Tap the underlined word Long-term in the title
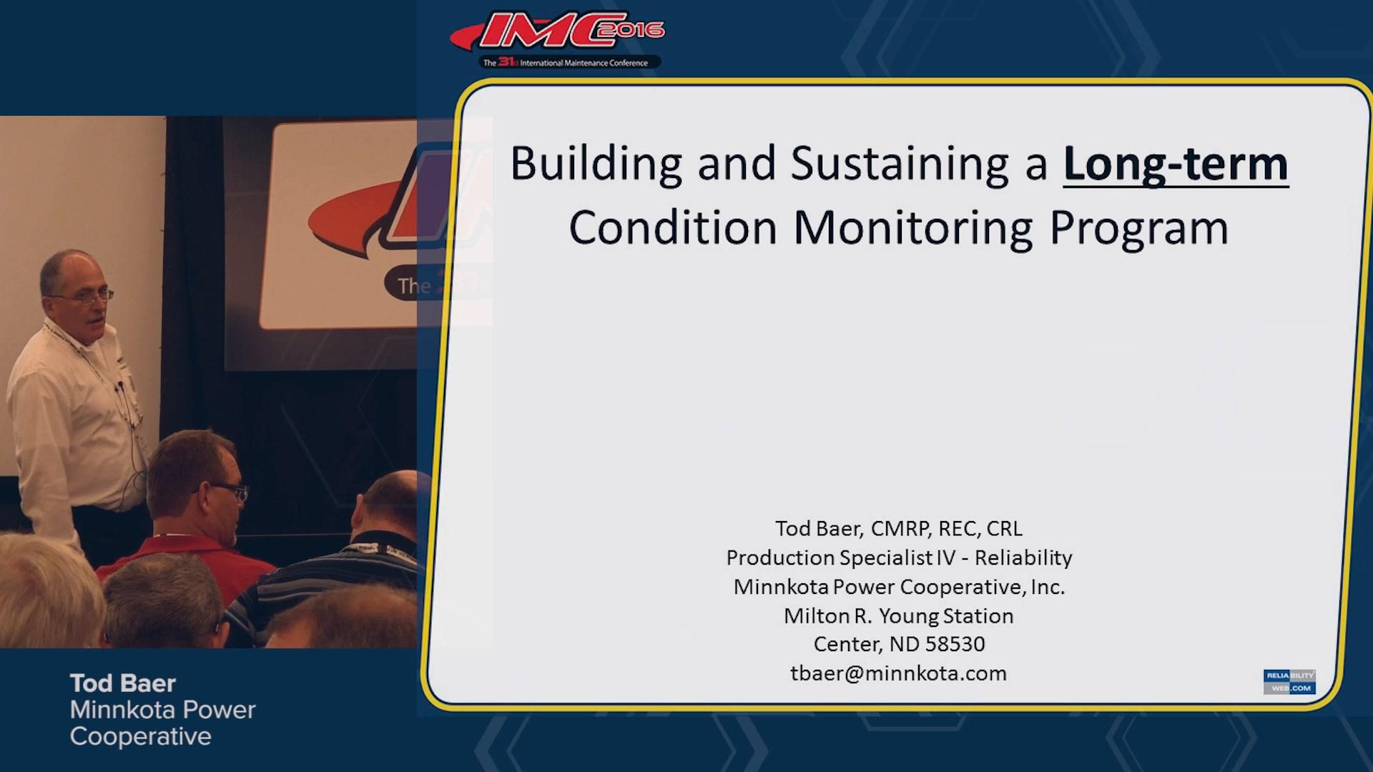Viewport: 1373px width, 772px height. pos(1176,164)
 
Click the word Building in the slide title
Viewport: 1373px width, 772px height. pos(596,164)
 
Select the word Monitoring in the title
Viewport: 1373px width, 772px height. pos(913,228)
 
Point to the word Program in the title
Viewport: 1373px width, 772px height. pos(1138,228)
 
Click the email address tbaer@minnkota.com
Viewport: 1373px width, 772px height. pos(898,673)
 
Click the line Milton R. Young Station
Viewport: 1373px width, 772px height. pos(898,615)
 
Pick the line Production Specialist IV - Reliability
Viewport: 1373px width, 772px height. pos(899,558)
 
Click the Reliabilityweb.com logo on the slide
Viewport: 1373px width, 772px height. pos(1289,682)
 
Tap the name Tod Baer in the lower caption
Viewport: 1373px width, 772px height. pos(123,683)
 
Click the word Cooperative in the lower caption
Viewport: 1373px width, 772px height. pos(141,736)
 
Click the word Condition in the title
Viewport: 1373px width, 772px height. pos(672,228)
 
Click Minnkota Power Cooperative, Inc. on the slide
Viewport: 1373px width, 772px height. pos(899,587)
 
